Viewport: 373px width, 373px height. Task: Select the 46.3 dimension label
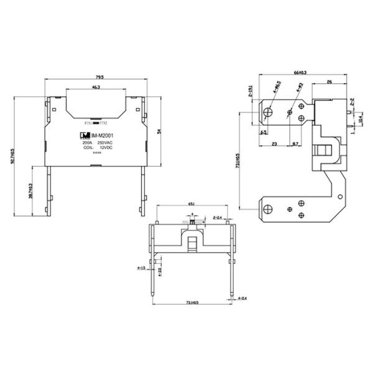[96, 88]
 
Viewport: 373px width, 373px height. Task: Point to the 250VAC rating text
[104, 143]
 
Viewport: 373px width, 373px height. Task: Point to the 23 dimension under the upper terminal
[274, 144]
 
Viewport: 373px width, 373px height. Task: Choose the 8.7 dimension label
[295, 144]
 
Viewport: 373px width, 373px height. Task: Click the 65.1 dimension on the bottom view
[193, 203]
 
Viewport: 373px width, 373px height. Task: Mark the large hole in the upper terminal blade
[267, 112]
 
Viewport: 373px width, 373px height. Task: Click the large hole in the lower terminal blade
[267, 208]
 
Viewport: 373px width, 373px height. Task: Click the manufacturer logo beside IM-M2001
[81, 136]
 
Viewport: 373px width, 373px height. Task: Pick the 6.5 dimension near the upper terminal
[264, 132]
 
